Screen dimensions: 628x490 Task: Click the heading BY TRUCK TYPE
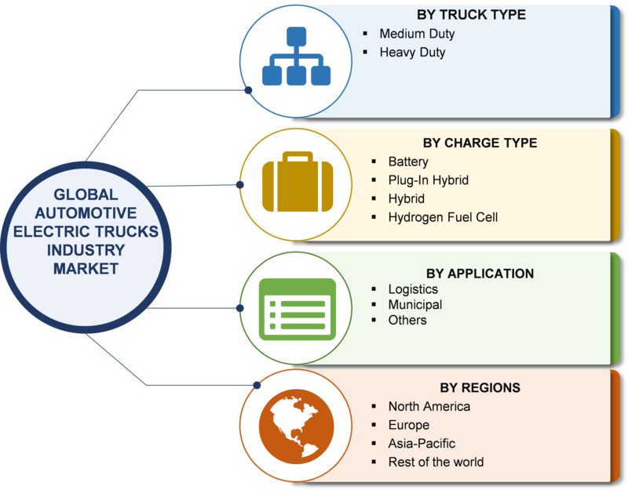click(x=471, y=15)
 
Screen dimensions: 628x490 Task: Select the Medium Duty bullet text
click(x=417, y=34)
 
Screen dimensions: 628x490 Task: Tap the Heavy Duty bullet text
click(x=412, y=53)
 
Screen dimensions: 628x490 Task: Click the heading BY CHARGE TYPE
click(x=480, y=143)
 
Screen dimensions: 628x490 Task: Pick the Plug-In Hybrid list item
click(x=428, y=180)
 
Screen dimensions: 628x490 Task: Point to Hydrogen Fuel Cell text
click(x=443, y=217)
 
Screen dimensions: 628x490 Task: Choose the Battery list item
click(x=408, y=162)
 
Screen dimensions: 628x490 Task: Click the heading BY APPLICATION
click(x=480, y=274)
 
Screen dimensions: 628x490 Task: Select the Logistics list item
click(x=413, y=289)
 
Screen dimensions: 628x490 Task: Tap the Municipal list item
click(x=415, y=305)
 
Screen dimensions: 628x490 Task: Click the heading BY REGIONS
click(x=480, y=387)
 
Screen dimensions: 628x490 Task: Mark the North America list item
click(x=429, y=406)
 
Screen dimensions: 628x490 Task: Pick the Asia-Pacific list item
click(x=422, y=444)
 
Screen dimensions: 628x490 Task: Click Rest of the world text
click(x=436, y=463)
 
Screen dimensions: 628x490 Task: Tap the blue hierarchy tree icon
click(x=297, y=56)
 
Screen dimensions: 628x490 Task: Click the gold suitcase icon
click(x=298, y=181)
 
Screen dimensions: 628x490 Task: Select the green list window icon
click(x=298, y=309)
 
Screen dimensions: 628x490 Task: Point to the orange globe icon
click(x=297, y=426)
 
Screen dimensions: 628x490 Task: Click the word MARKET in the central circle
click(x=86, y=269)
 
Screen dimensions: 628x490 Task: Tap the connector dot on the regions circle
click(x=257, y=385)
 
